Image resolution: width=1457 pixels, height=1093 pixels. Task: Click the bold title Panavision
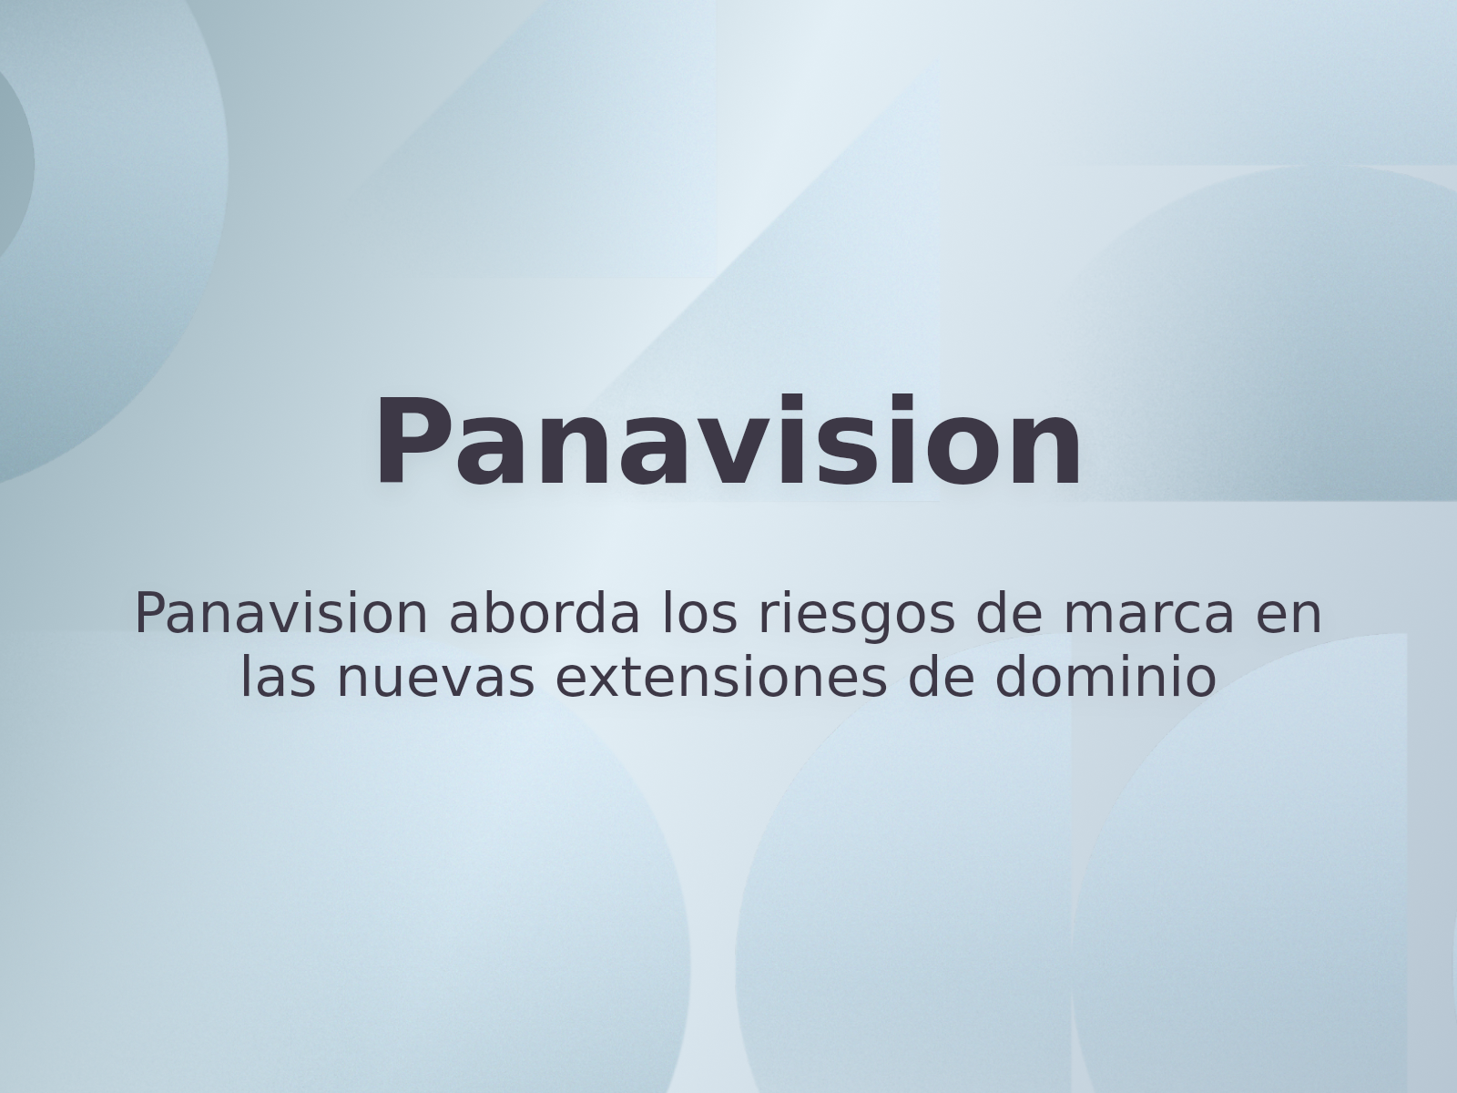click(x=728, y=441)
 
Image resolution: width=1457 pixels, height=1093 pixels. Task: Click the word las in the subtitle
click(x=278, y=678)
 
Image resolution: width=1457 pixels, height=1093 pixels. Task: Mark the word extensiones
click(x=721, y=678)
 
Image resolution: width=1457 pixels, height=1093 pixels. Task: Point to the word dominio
click(x=1105, y=678)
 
